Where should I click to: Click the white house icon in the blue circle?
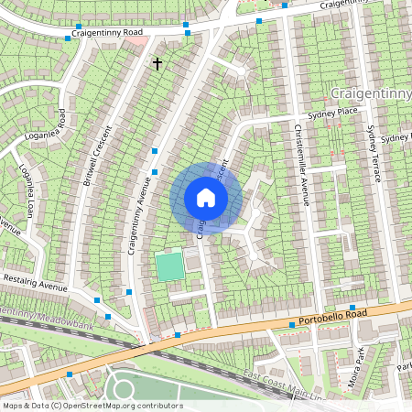click(206, 198)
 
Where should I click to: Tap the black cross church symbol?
click(157, 63)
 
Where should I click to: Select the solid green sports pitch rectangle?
click(168, 266)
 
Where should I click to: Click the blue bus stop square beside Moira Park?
click(352, 308)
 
